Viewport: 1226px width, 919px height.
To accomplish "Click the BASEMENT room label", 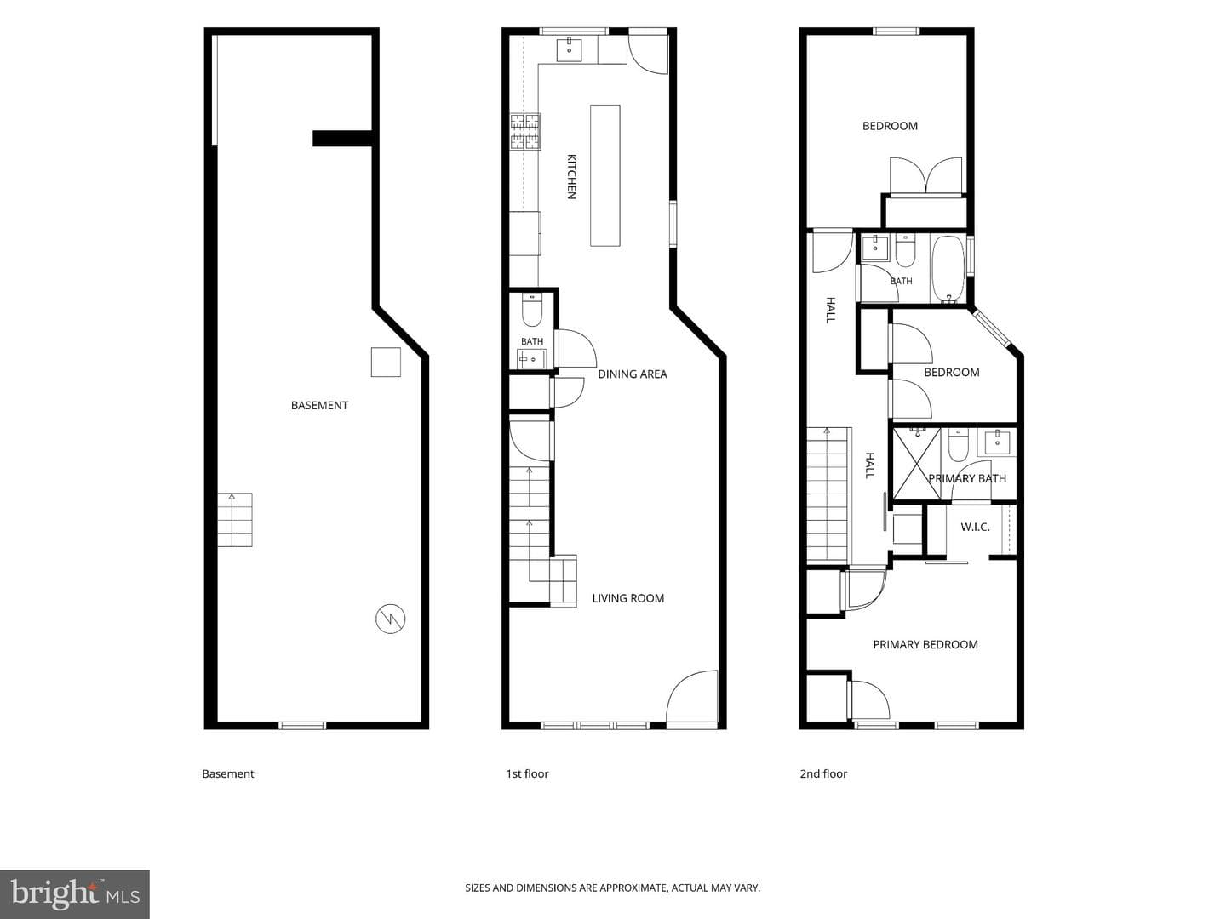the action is [319, 406].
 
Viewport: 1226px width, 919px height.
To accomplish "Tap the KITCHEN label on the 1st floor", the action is [571, 176].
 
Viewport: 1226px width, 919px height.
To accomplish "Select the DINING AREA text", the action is [633, 374].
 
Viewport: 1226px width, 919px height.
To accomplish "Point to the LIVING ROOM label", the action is [627, 599].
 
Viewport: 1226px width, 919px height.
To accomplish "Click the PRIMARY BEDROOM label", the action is [925, 645].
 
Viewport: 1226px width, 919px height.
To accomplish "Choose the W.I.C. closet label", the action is [975, 527].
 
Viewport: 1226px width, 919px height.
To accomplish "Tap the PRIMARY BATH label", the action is [967, 479].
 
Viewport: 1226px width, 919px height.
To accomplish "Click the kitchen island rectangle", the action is [604, 175].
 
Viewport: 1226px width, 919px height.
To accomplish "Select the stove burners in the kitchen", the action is [525, 132].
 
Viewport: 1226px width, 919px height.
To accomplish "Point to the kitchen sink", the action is [570, 49].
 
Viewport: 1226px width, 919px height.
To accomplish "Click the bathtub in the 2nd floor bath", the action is [948, 270].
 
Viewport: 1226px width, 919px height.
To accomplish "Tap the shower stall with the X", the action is [917, 463].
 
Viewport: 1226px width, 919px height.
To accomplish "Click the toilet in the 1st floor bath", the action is [532, 311].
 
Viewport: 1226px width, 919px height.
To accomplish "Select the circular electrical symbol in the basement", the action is [391, 619].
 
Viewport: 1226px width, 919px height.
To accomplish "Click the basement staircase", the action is [235, 519].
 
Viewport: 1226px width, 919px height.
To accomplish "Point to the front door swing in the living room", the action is [691, 699].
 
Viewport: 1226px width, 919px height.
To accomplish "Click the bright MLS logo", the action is [75, 894].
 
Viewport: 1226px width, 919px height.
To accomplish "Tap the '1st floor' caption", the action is [527, 774].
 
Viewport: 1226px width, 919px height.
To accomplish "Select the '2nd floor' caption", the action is [823, 774].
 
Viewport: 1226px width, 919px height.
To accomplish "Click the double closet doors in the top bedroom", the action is [925, 175].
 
